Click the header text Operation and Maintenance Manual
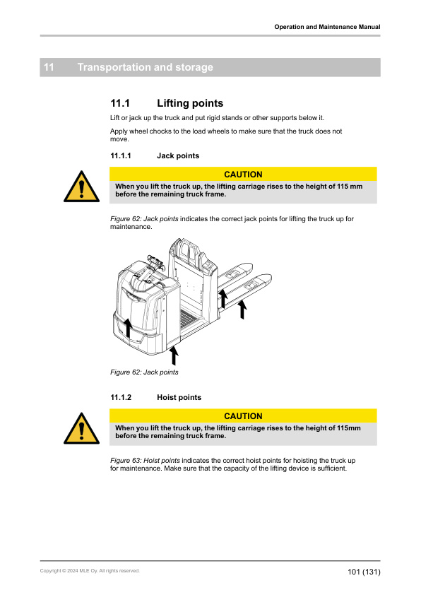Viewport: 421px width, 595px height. [x=327, y=27]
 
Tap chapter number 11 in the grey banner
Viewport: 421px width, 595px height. [x=49, y=68]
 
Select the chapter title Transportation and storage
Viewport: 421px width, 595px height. [x=145, y=68]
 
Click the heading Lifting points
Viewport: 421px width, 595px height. [x=190, y=103]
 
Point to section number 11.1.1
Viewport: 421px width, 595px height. [x=121, y=155]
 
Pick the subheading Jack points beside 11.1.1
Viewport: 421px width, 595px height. [x=178, y=155]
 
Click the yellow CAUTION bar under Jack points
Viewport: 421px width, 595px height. [x=243, y=175]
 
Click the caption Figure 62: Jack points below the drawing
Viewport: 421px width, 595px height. [x=144, y=372]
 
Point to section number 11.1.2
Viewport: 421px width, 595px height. [x=121, y=398]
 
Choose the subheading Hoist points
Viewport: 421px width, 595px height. [x=179, y=398]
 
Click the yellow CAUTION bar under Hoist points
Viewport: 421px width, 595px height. [x=243, y=416]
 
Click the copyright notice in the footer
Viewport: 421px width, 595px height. [x=90, y=570]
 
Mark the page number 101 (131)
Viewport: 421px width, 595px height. [x=364, y=571]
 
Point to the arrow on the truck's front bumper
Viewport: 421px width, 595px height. [x=128, y=328]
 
